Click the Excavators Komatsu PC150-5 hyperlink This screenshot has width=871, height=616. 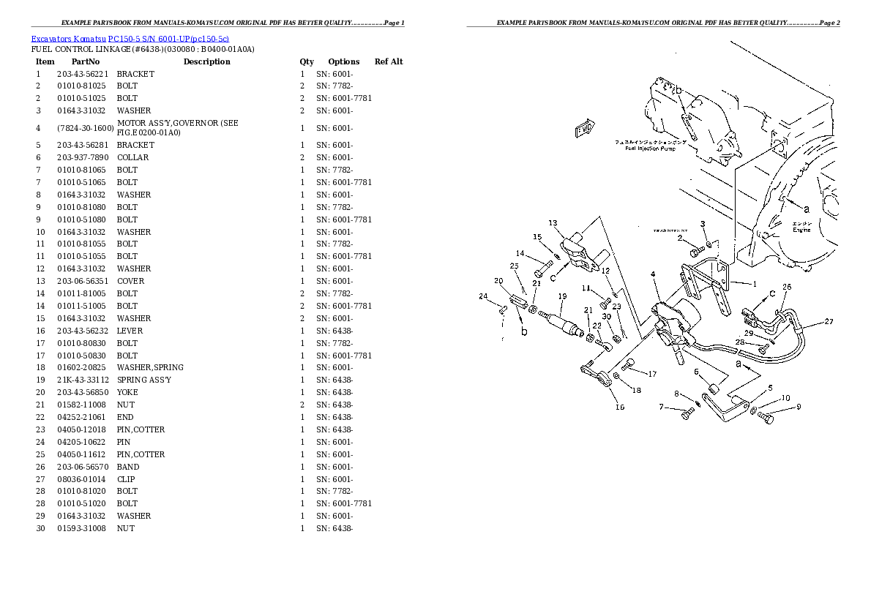pyautogui.click(x=130, y=38)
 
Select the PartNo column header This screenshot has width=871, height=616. pyautogui.click(x=85, y=61)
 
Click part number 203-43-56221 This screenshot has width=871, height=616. pyautogui.click(x=82, y=74)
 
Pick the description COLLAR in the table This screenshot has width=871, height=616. pyautogui.click(x=132, y=157)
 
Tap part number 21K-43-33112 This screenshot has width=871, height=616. pyautogui.click(x=83, y=380)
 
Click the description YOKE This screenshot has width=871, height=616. pyautogui.click(x=127, y=392)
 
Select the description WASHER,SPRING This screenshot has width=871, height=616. pyautogui.click(x=150, y=367)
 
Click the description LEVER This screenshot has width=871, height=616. pyautogui.click(x=130, y=331)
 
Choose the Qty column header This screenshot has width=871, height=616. pyautogui.click(x=307, y=61)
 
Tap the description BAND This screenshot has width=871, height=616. pyautogui.click(x=127, y=467)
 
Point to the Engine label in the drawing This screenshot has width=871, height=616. pyautogui.click(x=802, y=230)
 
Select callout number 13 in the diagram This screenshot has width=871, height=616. pyautogui.click(x=553, y=223)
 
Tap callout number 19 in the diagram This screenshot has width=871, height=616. pyautogui.click(x=562, y=296)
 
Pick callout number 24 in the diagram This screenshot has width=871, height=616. pyautogui.click(x=482, y=296)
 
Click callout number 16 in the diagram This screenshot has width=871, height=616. pyautogui.click(x=619, y=407)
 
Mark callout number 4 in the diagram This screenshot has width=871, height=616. pyautogui.click(x=652, y=274)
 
